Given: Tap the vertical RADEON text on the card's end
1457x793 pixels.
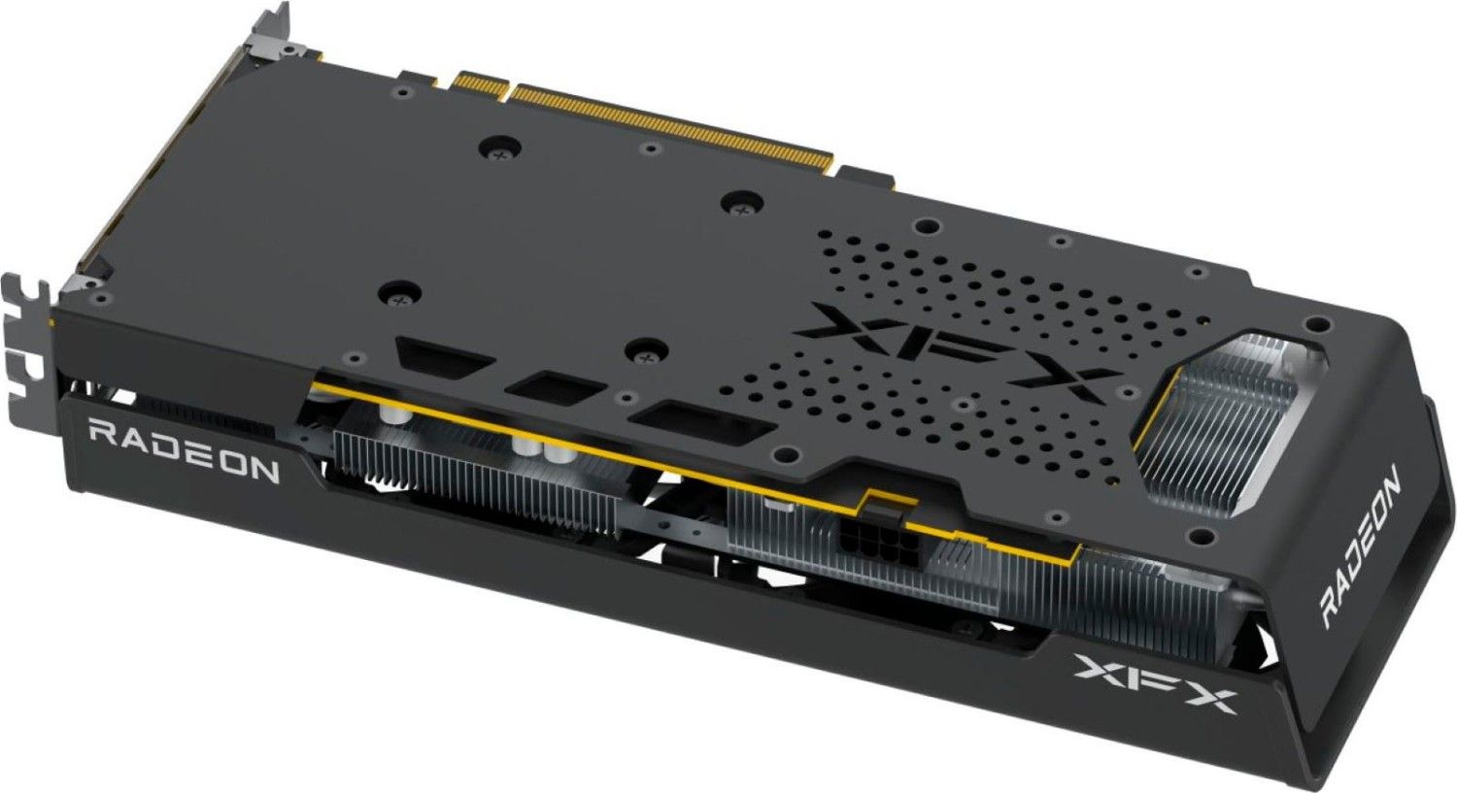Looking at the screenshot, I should tap(1359, 545).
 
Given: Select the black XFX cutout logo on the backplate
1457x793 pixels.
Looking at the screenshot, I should tap(958, 350).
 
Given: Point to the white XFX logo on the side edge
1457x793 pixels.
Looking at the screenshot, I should tap(1153, 684).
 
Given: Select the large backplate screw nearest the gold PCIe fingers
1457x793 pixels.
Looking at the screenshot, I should tap(501, 149).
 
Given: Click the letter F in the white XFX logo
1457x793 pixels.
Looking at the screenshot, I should tap(1153, 683).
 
